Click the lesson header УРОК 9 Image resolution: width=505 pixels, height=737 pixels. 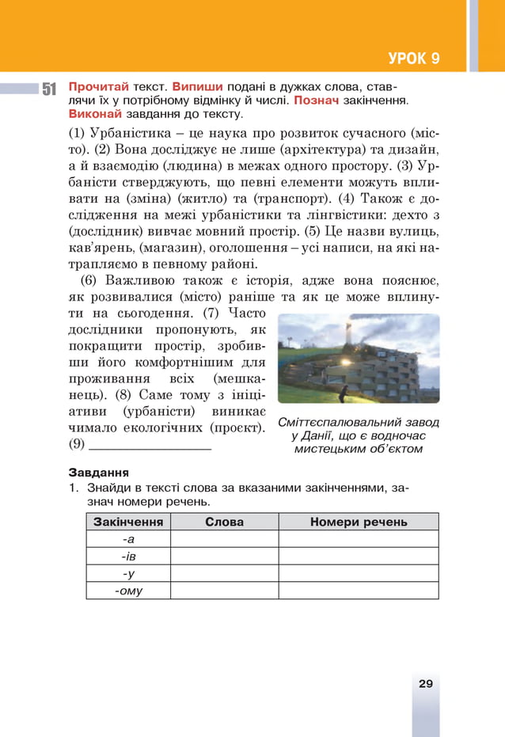(414, 59)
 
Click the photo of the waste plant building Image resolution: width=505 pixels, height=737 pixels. (359, 358)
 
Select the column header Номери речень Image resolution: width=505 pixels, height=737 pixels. (359, 522)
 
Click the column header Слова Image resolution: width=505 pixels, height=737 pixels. (224, 522)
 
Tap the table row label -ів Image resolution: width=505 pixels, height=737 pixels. (128, 556)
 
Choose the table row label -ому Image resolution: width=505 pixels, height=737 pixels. (128, 591)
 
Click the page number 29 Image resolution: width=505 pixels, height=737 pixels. (425, 684)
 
